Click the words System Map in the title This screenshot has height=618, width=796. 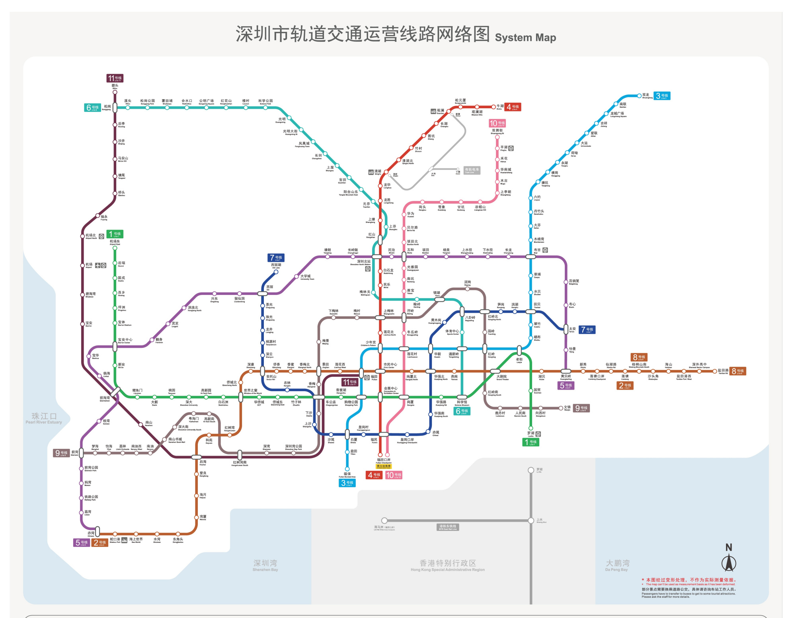point(525,38)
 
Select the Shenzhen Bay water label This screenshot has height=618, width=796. point(265,565)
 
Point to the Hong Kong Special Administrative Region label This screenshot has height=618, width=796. point(448,565)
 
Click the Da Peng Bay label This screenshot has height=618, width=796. point(617,565)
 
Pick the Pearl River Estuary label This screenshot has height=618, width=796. point(44,418)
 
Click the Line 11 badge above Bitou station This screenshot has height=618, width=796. point(115,78)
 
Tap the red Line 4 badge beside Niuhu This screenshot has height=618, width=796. point(513,107)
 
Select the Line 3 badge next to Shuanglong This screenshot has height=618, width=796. point(663,96)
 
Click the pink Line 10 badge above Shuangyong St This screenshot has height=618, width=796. point(497,123)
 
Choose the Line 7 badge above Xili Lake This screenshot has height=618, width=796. point(276,257)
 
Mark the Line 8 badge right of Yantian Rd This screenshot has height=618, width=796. point(738,371)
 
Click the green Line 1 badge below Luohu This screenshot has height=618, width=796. point(531,442)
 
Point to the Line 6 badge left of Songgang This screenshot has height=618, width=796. point(92,107)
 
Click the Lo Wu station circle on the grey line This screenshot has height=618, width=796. point(531,470)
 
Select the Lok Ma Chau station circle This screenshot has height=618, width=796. point(384,521)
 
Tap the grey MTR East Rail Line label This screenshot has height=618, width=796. point(447,527)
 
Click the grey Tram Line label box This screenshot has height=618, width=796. point(472,170)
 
